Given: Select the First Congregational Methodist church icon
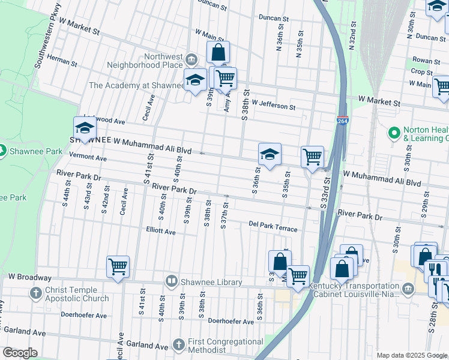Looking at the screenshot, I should (x=178, y=344).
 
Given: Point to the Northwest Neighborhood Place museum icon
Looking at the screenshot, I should (x=191, y=59).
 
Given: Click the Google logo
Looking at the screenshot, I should (x=20, y=353).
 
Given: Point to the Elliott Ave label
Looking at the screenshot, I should (x=161, y=231).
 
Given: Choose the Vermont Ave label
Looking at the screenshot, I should (x=88, y=158).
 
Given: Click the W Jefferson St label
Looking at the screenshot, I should (x=274, y=106).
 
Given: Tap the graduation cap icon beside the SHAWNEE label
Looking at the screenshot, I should (x=85, y=128).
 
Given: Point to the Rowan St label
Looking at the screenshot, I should (x=426, y=61).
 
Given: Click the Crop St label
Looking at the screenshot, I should (x=418, y=72).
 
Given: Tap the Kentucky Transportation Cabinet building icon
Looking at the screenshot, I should (x=409, y=290).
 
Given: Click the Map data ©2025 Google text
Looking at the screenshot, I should (x=411, y=355).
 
